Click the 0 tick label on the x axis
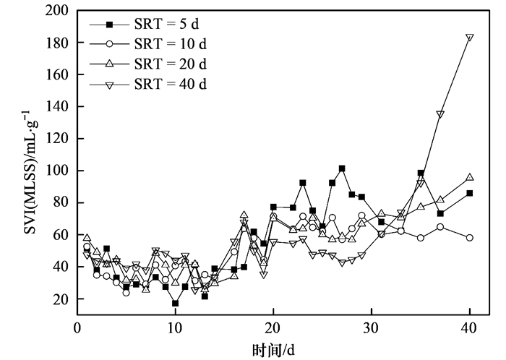click(77, 325)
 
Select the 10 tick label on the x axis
click(175, 325)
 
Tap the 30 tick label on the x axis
click(371, 325)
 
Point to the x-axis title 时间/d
click(273, 347)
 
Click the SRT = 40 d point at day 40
click(470, 38)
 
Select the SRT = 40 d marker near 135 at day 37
click(440, 114)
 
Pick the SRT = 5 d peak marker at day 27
click(342, 168)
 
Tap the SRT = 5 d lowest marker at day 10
click(175, 303)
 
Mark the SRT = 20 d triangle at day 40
click(470, 177)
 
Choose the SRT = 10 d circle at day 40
click(470, 238)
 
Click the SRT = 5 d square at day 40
click(470, 193)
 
